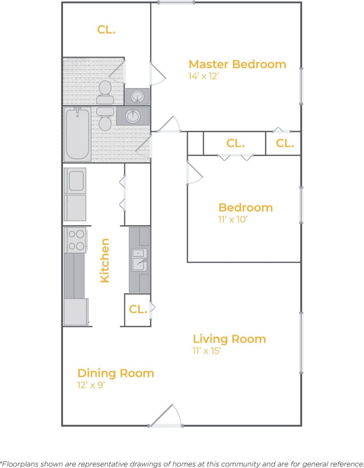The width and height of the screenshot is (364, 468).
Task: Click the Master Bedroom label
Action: click(x=237, y=64)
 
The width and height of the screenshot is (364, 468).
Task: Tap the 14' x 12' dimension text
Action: click(x=203, y=77)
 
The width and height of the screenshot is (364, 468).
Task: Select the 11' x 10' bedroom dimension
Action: click(x=233, y=219)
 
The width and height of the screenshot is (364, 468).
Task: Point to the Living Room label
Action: click(x=229, y=339)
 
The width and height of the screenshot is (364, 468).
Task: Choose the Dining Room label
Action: click(x=116, y=373)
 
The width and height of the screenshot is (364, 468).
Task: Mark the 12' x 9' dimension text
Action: click(x=91, y=385)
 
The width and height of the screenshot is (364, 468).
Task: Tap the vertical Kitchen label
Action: click(x=105, y=260)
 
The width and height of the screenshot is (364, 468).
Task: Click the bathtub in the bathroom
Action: click(x=78, y=134)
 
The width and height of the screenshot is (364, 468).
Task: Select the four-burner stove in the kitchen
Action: click(x=75, y=240)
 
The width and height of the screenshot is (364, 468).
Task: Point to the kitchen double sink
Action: click(x=139, y=260)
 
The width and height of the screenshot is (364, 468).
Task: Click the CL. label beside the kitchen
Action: click(x=138, y=310)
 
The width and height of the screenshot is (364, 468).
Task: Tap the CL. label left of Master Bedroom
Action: click(x=106, y=30)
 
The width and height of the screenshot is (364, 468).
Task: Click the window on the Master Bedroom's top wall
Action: click(x=176, y=3)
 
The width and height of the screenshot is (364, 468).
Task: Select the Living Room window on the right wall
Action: click(x=301, y=342)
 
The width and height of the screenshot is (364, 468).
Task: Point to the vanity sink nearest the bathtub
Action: click(x=133, y=116)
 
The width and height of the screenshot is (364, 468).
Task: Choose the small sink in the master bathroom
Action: click(x=137, y=97)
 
